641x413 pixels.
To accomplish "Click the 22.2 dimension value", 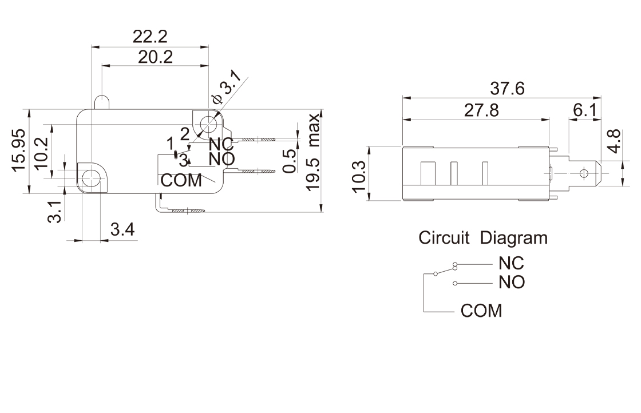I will (x=150, y=37).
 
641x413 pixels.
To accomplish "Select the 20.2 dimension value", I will (x=155, y=57).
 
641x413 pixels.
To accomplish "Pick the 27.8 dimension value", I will (x=481, y=110).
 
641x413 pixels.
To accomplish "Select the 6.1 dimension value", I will (x=584, y=110).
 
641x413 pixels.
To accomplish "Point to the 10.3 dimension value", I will (x=359, y=174).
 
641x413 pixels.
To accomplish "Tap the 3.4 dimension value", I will (x=122, y=230).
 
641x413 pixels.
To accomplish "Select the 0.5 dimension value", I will (x=290, y=161).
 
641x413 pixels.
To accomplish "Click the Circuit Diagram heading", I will (x=482, y=237).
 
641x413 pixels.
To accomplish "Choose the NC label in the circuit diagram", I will (x=511, y=264).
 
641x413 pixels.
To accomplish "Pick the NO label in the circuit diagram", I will (x=511, y=282).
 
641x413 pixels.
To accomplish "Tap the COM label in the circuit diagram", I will (x=481, y=311).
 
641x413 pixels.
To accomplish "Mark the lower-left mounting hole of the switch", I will (x=89, y=178).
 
